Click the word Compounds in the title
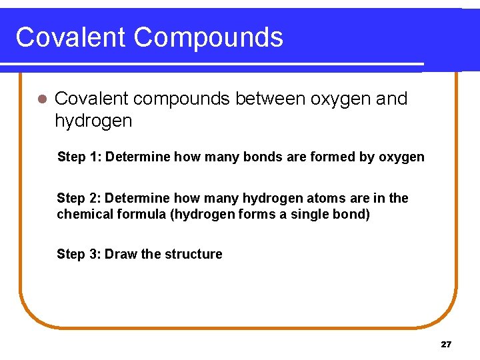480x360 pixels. tap(208, 37)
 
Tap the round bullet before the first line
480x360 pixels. tap(42, 99)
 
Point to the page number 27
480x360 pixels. tap(446, 345)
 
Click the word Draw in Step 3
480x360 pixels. tap(121, 254)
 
